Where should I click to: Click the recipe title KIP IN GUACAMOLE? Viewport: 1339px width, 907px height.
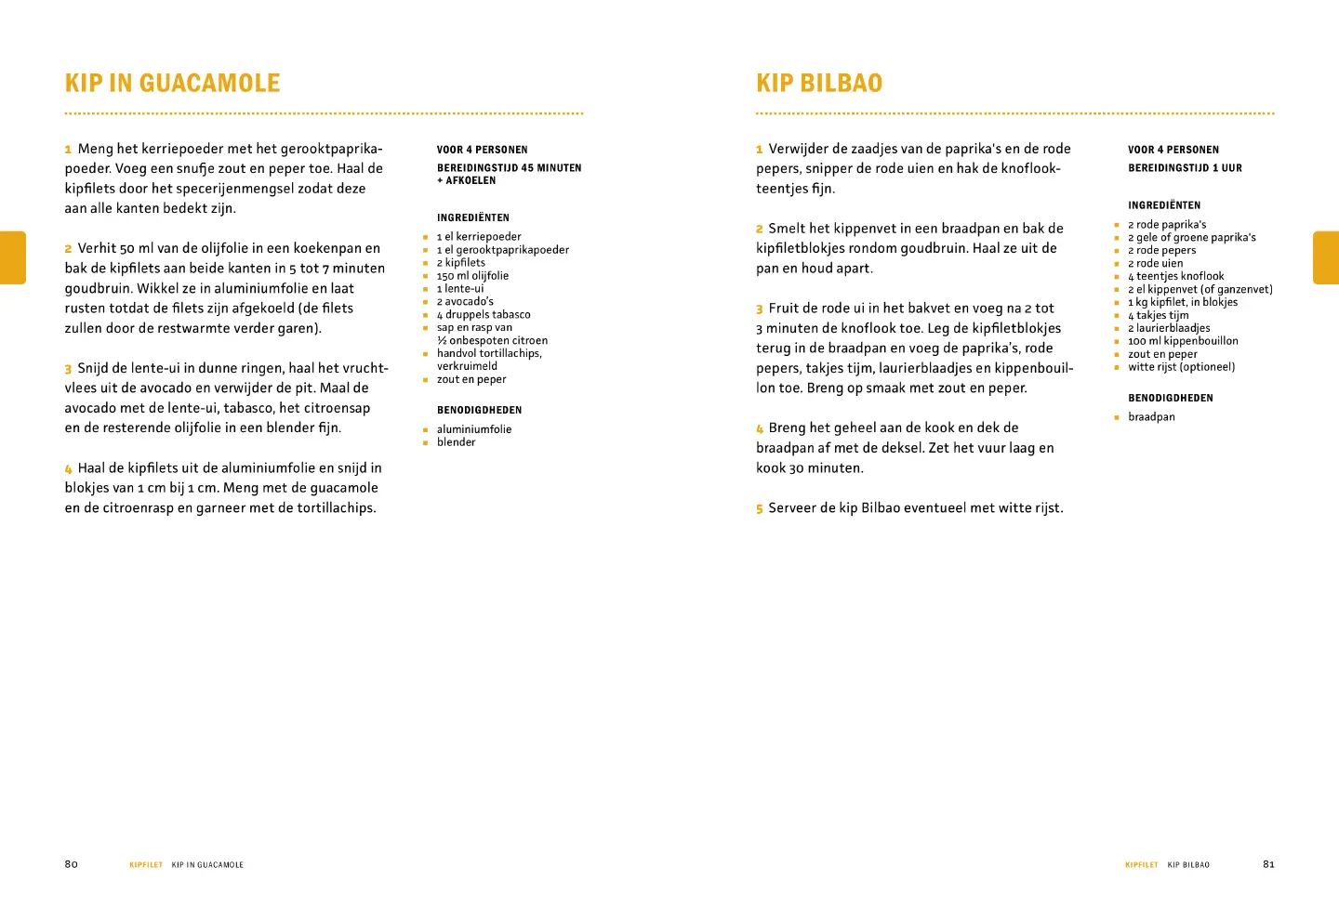tap(172, 84)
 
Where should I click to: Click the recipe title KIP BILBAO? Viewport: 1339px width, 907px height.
tap(818, 84)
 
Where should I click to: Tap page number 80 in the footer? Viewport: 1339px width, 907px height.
tap(72, 864)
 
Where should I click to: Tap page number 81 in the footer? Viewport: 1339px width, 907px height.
tap(1268, 864)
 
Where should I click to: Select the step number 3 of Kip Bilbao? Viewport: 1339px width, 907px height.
tap(760, 309)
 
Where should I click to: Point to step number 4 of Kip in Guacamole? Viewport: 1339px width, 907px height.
tap(68, 469)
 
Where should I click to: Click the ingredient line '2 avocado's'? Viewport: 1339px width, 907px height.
tap(465, 302)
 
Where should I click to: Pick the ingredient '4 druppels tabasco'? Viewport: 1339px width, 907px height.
tap(484, 315)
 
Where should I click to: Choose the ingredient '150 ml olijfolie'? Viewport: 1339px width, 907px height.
tap(472, 276)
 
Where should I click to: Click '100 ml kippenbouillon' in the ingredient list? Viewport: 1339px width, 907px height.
tap(1183, 341)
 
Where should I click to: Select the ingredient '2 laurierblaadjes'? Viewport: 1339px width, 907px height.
tap(1169, 328)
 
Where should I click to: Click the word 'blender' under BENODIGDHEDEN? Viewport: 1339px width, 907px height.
tap(456, 442)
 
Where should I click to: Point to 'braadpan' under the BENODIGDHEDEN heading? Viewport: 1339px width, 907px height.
tap(1151, 417)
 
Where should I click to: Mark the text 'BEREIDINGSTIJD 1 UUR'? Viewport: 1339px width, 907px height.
tap(1185, 168)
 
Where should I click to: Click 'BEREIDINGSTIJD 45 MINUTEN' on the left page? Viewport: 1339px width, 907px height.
tap(509, 168)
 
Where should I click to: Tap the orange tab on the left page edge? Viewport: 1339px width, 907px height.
tap(13, 257)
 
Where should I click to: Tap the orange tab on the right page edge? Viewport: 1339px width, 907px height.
tap(1326, 257)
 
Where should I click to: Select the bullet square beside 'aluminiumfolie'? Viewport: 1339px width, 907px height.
tap(425, 430)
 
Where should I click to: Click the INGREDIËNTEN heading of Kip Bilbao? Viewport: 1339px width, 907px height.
tap(1164, 205)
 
